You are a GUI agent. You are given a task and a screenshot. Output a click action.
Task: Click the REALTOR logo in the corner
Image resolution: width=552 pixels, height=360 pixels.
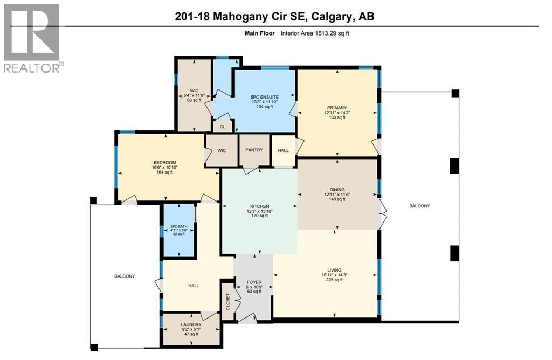[x=32, y=38]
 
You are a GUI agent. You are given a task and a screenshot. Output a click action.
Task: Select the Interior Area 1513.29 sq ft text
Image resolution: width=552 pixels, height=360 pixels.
[x=316, y=33]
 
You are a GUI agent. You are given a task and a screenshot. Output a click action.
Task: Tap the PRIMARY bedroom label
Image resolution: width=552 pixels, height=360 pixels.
[x=335, y=108]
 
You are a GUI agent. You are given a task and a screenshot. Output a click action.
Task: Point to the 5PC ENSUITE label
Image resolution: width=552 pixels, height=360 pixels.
[x=264, y=96]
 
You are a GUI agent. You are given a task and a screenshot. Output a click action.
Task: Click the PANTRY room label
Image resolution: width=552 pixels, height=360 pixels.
[x=253, y=150]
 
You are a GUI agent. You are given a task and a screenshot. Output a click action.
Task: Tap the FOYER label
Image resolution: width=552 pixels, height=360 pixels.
[x=254, y=281]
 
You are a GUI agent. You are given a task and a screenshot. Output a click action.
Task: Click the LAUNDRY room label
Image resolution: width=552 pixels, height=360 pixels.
[x=191, y=324]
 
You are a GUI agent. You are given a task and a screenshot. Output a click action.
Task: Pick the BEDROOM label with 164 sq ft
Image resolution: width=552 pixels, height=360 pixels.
[x=164, y=163]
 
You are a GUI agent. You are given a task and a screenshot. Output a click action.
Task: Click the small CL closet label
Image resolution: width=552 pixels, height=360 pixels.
[x=222, y=127]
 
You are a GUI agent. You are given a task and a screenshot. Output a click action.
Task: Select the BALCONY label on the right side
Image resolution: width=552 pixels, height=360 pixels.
[x=419, y=206]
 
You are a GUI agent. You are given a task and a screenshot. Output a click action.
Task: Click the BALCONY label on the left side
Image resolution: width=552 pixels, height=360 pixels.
[x=124, y=276]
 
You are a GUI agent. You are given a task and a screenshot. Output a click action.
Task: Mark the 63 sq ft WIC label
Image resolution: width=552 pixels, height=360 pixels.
[x=195, y=91]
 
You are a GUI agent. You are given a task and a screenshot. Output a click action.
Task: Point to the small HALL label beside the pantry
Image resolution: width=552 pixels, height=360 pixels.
[x=283, y=150]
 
